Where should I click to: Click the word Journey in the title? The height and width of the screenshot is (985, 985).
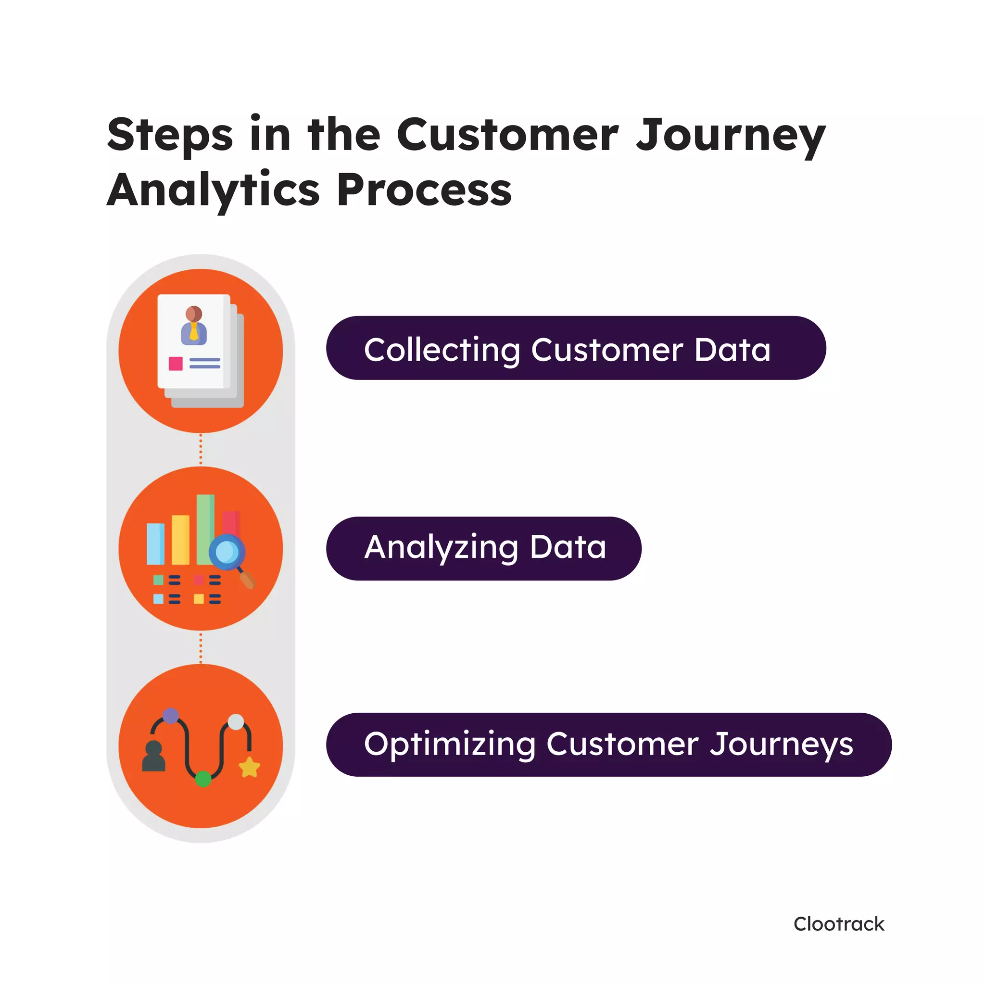click(x=731, y=135)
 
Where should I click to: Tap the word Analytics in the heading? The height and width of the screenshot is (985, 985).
click(x=213, y=189)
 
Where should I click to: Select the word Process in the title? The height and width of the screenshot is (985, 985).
click(x=424, y=189)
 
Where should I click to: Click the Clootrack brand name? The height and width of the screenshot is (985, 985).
click(x=839, y=924)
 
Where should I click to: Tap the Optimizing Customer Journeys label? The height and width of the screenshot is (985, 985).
click(x=608, y=745)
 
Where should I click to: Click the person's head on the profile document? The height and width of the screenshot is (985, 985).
click(x=194, y=314)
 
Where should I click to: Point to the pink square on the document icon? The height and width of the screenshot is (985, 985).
click(x=176, y=364)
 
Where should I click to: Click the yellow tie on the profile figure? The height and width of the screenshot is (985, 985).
click(x=194, y=332)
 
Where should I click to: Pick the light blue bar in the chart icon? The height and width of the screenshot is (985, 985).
click(x=155, y=544)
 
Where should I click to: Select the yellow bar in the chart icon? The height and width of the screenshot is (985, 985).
click(x=180, y=540)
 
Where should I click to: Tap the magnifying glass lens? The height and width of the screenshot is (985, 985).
click(x=227, y=552)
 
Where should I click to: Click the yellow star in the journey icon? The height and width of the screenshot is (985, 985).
click(x=249, y=767)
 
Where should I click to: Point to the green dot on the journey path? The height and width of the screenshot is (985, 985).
click(x=203, y=779)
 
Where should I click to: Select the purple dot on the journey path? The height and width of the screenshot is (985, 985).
click(x=170, y=716)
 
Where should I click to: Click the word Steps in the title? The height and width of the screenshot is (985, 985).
click(x=170, y=135)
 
